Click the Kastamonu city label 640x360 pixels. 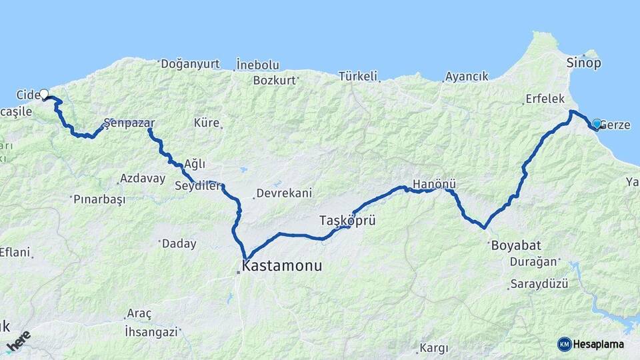coord(283,266)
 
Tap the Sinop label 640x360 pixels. coord(583,63)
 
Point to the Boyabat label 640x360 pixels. coord(514,245)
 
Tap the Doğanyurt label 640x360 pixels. coord(191,64)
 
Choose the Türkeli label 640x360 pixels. coord(358,76)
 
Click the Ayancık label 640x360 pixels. coord(467,76)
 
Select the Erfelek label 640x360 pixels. coord(545,99)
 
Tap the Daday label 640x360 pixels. coord(179,244)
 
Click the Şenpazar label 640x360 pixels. coord(129,123)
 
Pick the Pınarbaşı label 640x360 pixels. coord(99,199)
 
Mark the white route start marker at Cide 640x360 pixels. coord(44,94)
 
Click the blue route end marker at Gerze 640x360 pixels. coord(597,123)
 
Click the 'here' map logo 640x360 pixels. coord(18,341)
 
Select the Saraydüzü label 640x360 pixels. coord(539,284)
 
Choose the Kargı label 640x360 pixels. coord(434,348)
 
